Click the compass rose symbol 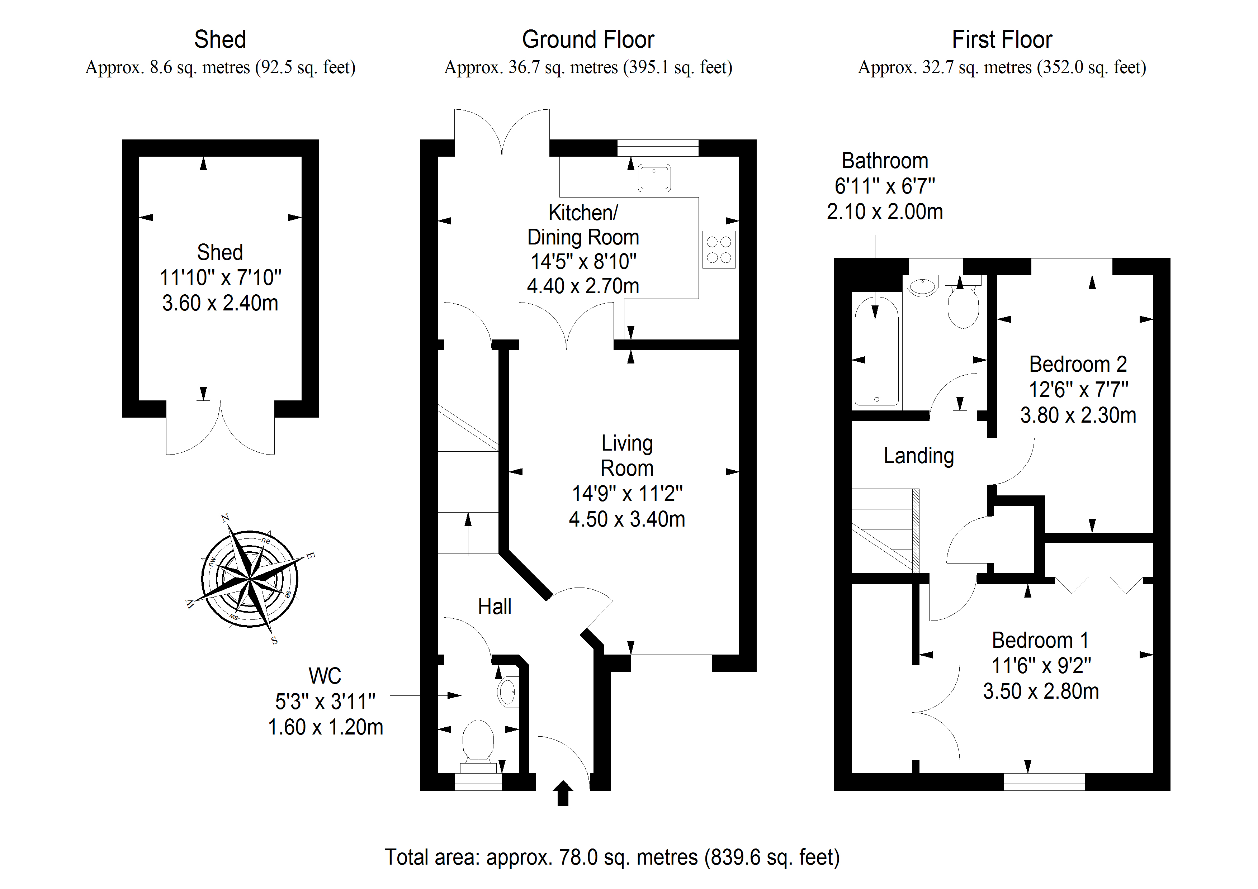(250, 579)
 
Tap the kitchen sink (654, 178)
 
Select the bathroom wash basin (923, 286)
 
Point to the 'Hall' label (495, 607)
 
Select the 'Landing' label (919, 456)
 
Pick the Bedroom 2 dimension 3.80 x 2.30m (1078, 415)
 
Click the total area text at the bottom (612, 857)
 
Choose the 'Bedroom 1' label (1040, 640)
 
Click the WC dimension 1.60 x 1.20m (326, 727)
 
